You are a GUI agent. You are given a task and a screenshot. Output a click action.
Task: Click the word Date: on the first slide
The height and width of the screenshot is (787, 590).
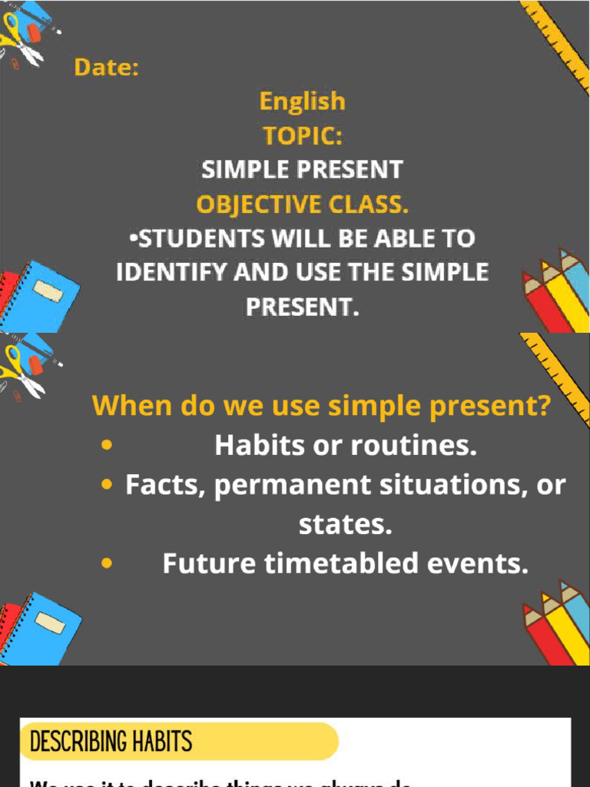107,68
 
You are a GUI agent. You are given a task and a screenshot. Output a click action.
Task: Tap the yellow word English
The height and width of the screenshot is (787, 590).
302,101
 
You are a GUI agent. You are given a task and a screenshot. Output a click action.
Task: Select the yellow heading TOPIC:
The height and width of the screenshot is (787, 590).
302,135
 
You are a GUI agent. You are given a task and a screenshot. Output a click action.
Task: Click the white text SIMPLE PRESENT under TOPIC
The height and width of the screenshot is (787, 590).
302,169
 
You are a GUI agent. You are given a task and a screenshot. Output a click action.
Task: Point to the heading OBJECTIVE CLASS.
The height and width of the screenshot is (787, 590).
302,204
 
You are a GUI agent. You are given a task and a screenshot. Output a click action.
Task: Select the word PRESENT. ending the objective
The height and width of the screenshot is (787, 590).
302,307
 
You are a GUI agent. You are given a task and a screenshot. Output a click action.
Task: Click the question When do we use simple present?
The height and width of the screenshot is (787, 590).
321,405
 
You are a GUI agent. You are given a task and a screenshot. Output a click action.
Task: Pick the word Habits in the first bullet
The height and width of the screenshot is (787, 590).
254,445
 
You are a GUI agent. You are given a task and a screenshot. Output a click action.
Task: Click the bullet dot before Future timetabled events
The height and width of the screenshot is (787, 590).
107,564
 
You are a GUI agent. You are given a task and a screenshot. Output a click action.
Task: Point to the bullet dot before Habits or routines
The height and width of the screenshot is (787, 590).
107,445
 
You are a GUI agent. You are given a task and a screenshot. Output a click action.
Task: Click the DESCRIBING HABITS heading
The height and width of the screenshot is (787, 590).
111,742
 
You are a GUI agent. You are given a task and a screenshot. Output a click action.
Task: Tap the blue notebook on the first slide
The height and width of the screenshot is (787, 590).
46,296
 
